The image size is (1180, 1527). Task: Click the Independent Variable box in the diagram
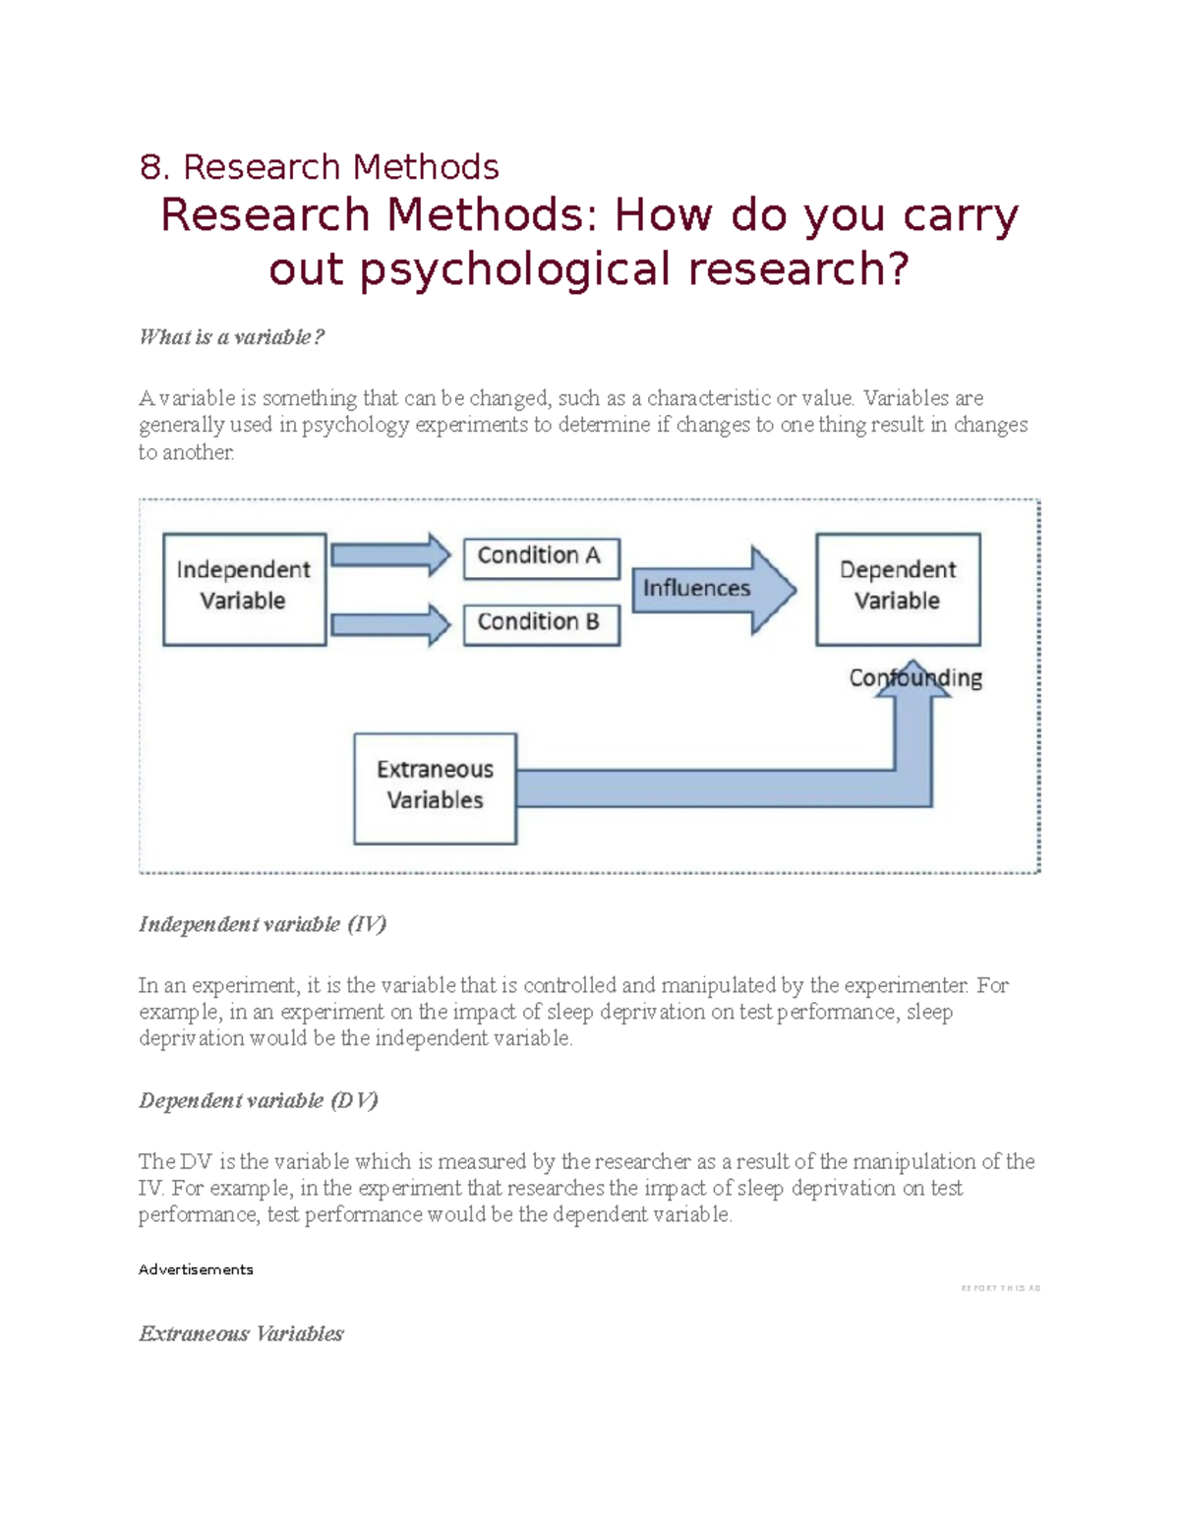244,588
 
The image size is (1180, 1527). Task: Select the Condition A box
541,557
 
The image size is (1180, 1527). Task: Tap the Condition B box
541,623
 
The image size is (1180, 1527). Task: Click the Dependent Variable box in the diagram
897,588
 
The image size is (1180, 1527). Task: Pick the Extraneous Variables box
435,788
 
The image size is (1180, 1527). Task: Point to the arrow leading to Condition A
389,556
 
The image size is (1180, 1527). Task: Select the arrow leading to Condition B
389,624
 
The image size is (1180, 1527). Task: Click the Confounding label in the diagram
915,678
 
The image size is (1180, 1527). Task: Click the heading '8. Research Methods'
319,167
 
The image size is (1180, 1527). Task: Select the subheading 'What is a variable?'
231,337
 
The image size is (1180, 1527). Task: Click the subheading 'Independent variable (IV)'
263,924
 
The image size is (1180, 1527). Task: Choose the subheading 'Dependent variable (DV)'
259,1100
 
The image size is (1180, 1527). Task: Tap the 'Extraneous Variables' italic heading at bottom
241,1334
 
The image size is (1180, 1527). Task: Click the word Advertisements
196,1269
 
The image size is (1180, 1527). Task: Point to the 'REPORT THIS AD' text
1000,1288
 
